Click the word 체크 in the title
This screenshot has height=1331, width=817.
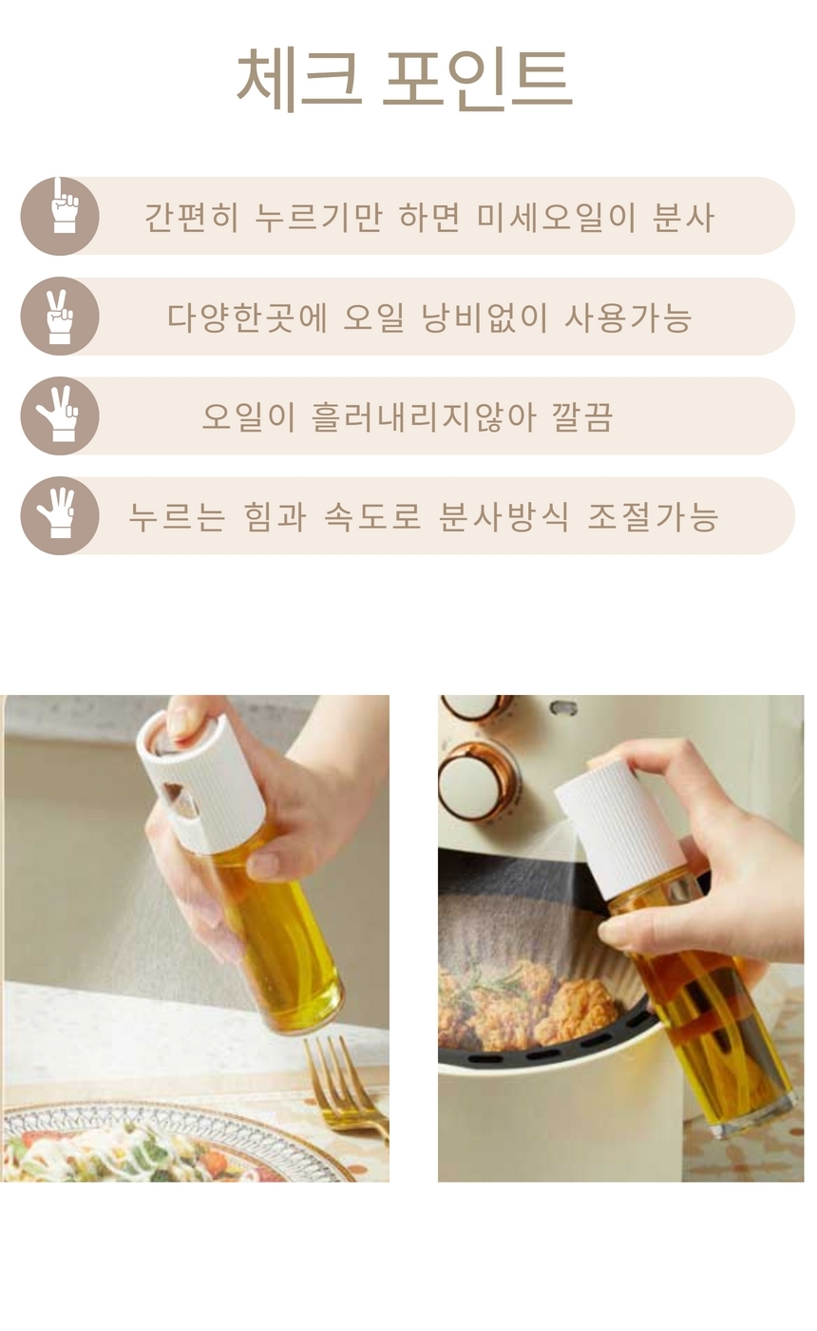click(x=298, y=78)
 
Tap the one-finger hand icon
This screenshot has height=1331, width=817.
click(x=60, y=216)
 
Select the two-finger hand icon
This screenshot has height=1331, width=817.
click(x=60, y=317)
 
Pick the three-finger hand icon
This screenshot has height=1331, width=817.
click(x=60, y=416)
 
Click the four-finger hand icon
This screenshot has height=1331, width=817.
click(x=60, y=516)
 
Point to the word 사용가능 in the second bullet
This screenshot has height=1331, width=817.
click(x=628, y=318)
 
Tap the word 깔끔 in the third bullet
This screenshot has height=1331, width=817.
click(x=582, y=417)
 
